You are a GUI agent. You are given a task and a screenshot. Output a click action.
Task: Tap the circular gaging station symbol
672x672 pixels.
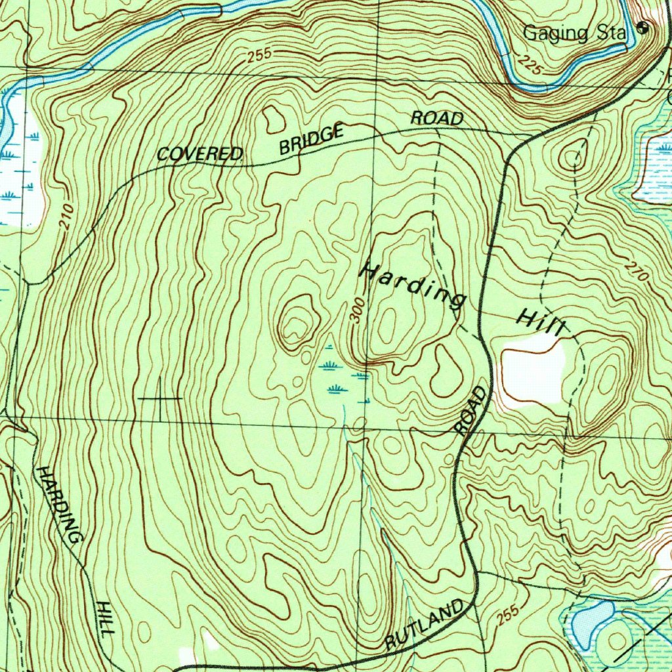643,28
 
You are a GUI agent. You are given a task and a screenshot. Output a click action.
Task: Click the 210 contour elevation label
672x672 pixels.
66,217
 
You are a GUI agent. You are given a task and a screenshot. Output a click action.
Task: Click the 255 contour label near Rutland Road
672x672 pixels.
507,613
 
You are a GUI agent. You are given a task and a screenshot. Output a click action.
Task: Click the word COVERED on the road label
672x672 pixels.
199,155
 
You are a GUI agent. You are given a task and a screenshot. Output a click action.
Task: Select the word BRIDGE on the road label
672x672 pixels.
311,139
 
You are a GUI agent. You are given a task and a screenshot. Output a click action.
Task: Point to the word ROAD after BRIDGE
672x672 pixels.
437,119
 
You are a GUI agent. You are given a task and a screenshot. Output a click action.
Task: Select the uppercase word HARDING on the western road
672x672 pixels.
60,505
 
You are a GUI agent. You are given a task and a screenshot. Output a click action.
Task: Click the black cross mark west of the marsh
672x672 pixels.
159,398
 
